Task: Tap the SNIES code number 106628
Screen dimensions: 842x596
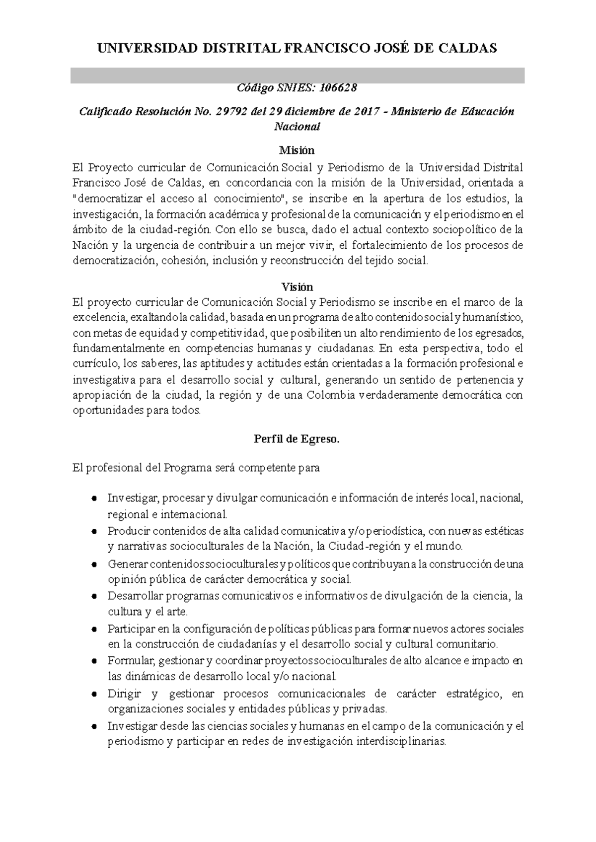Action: tap(338, 88)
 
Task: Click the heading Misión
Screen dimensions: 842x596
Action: tap(297, 150)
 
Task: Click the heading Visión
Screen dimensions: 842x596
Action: tap(297, 287)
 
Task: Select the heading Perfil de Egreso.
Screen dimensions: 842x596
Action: tap(297, 439)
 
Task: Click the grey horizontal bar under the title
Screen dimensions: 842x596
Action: tap(297, 75)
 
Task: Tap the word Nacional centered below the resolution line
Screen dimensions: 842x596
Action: tap(297, 127)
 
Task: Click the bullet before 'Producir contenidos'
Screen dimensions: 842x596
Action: tap(94, 532)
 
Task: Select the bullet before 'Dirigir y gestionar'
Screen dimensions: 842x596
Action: tap(94, 694)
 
